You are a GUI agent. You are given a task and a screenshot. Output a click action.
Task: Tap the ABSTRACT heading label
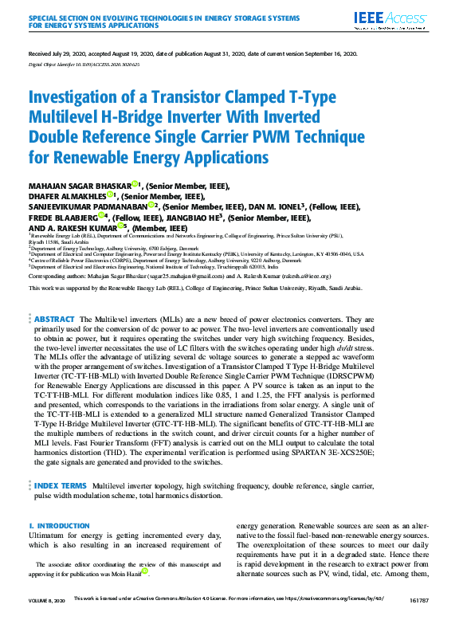click(54, 318)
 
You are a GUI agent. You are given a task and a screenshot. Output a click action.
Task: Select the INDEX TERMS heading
click(61, 485)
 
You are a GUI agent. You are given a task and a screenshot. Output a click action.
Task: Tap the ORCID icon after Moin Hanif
click(145, 571)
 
